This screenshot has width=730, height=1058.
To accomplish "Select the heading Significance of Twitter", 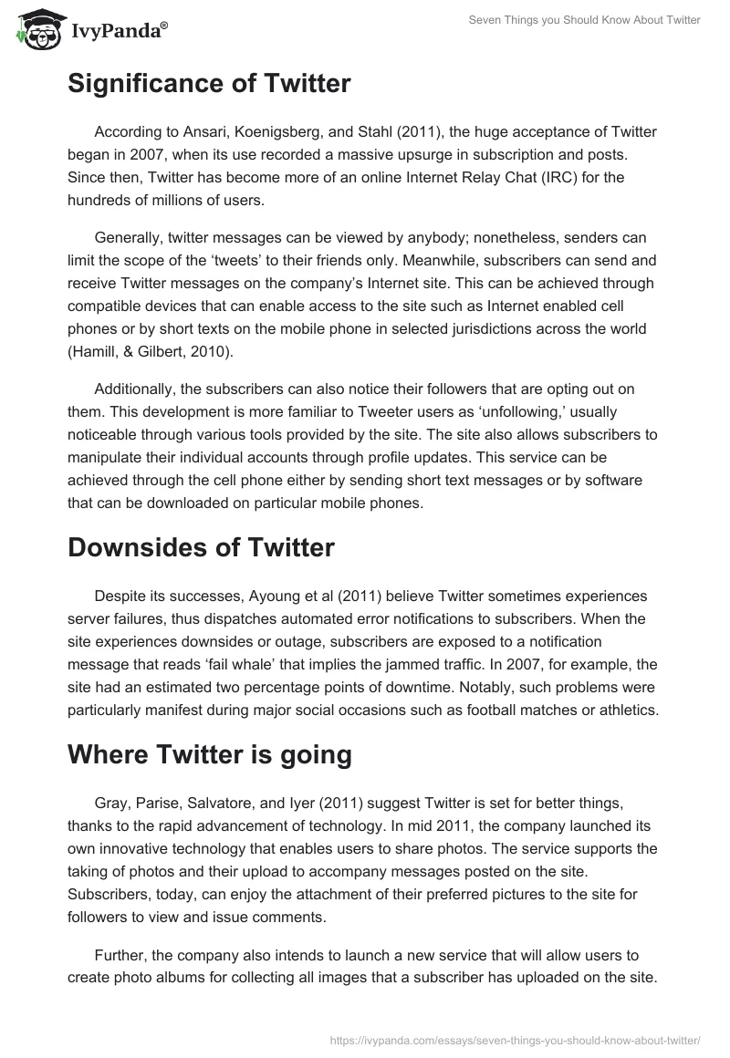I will (209, 84).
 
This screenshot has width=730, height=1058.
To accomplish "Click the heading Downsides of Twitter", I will (201, 547).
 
